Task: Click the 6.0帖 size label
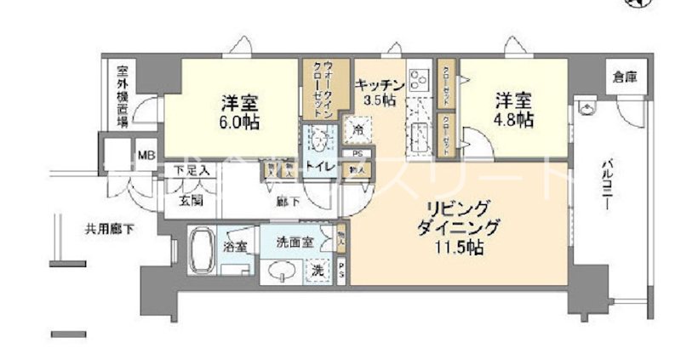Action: pyautogui.click(x=240, y=123)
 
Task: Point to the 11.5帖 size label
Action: pyautogui.click(x=461, y=249)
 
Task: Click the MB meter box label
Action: pyautogui.click(x=146, y=157)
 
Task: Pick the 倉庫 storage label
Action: pyautogui.click(x=624, y=77)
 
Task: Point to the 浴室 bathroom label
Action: pyautogui.click(x=235, y=247)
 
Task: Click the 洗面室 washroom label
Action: pyautogui.click(x=295, y=242)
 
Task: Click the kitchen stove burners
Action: pyautogui.click(x=419, y=82)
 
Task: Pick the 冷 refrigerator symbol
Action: pyautogui.click(x=358, y=130)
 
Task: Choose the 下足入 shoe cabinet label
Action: pyautogui.click(x=186, y=171)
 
